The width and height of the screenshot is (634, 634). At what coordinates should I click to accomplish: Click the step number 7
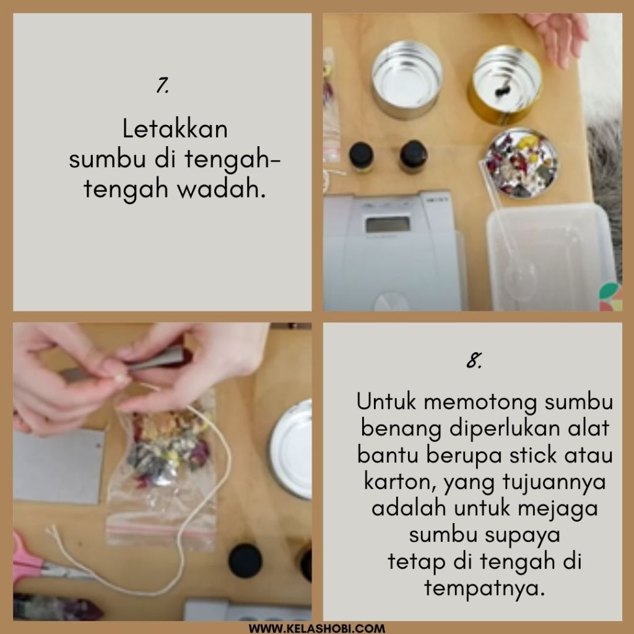[x=162, y=85]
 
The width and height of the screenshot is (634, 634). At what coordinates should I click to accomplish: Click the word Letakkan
[x=175, y=129]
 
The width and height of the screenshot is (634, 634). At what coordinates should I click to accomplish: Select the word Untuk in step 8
[x=386, y=401]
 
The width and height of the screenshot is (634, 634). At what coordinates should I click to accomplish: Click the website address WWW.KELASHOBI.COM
[x=317, y=628]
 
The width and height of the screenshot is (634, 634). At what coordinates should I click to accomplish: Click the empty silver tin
[x=407, y=79]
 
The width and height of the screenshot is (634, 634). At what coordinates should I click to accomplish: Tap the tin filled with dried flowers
[x=521, y=162]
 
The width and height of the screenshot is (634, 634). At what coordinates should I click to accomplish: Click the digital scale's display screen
[x=388, y=225]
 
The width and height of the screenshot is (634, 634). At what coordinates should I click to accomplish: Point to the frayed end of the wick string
[x=51, y=530]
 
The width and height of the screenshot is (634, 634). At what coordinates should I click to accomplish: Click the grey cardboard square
[x=59, y=467]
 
